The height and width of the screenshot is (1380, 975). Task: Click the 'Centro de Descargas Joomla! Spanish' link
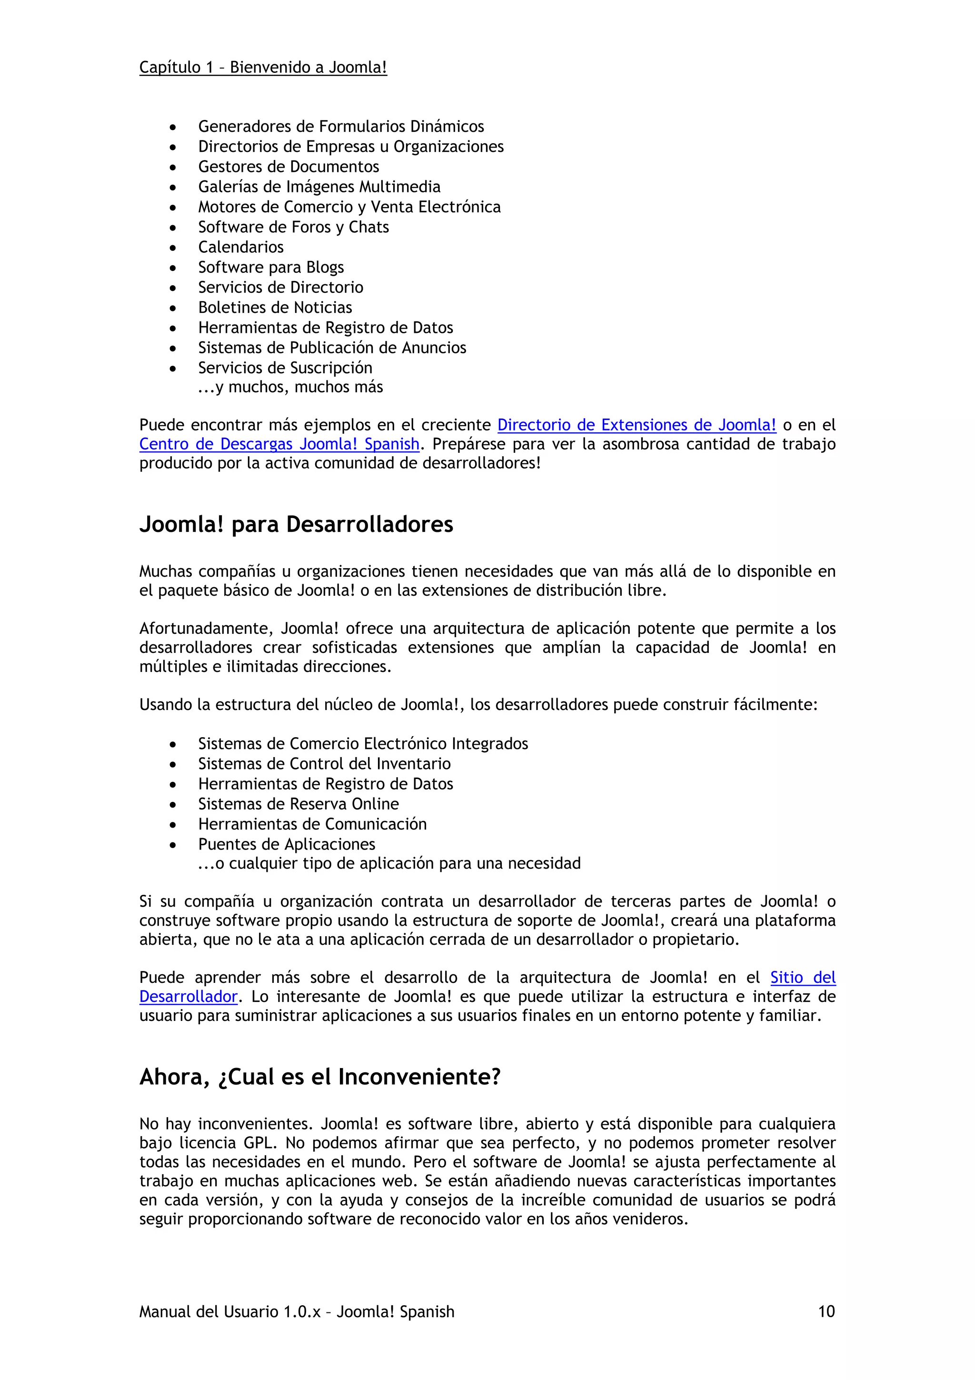[x=279, y=444]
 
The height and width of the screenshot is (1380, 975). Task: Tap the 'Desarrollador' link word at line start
[x=188, y=997]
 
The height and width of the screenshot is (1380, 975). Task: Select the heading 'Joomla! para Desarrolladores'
[x=296, y=524]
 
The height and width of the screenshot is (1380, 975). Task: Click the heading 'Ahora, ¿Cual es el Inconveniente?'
[x=319, y=1077]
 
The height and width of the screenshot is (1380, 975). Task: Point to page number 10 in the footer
[x=826, y=1311]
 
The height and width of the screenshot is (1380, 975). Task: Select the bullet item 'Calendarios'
[x=241, y=247]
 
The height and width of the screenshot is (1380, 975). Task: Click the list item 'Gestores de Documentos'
[x=289, y=167]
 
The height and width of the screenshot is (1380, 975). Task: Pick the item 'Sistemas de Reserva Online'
[x=298, y=804]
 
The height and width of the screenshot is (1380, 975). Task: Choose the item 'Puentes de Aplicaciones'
[x=287, y=844]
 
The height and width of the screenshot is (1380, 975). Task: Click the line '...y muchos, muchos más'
[x=290, y=387]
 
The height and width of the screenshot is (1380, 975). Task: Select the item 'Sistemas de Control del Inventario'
[x=324, y=763]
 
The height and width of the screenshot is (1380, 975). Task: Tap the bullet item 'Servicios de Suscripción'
[x=285, y=367]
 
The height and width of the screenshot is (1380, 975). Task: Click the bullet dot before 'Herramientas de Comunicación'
[x=173, y=825]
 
